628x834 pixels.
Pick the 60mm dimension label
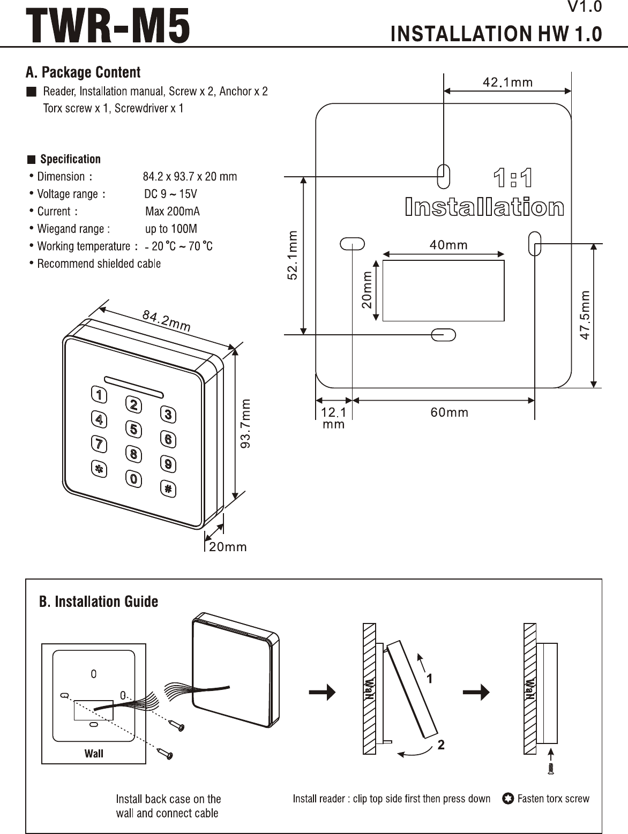450,412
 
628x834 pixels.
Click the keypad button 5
133,430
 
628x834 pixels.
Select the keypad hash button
168,489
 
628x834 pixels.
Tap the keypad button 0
133,479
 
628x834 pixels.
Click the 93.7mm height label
246,423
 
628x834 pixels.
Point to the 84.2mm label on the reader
166,320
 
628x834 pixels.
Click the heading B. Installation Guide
99,602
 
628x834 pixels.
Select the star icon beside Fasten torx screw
508,799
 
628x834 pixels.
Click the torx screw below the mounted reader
551,769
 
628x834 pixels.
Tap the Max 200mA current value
173,211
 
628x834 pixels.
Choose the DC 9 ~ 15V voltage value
170,194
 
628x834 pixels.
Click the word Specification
70,159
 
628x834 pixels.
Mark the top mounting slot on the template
444,176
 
